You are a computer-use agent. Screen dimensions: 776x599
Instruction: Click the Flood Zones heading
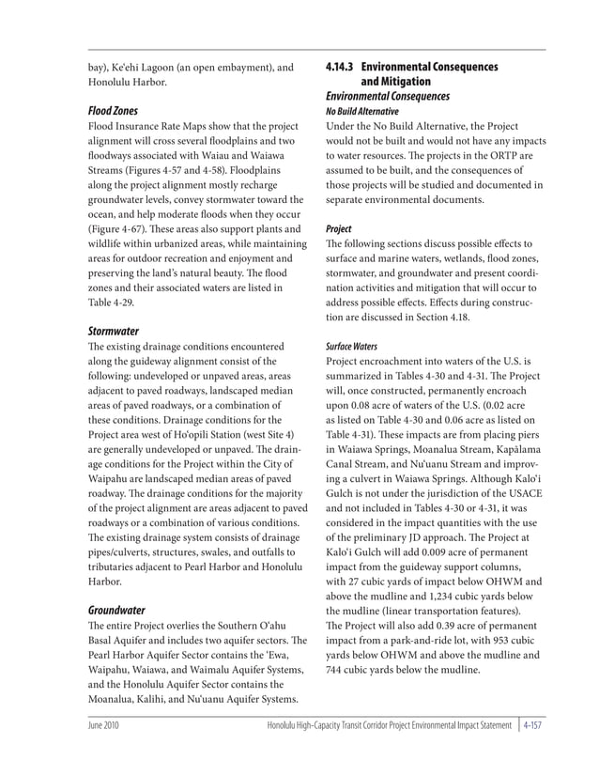[x=112, y=110]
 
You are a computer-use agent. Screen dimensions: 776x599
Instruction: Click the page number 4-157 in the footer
[x=532, y=726]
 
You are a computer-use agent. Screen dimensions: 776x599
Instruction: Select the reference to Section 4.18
[x=453, y=317]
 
